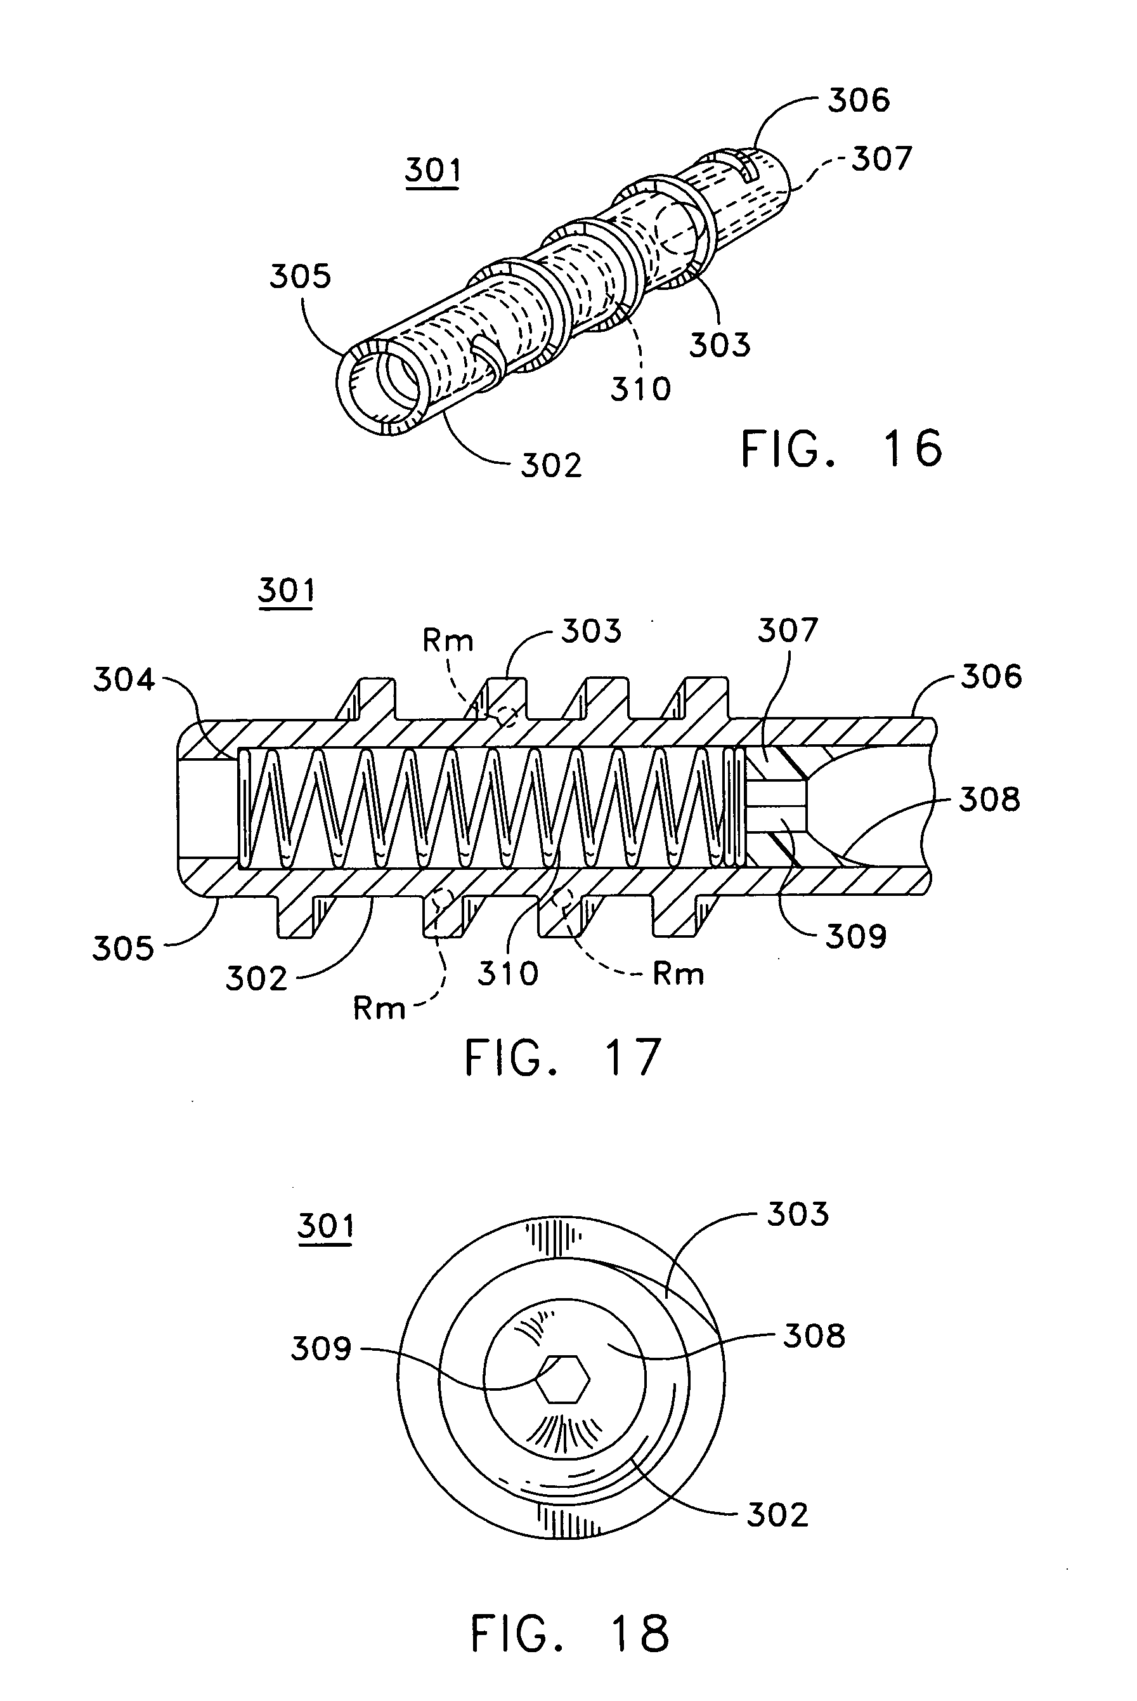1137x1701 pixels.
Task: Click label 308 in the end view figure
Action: coord(814,1336)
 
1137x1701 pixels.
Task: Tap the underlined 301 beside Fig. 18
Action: coord(325,1225)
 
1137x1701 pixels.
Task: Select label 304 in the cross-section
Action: coord(124,680)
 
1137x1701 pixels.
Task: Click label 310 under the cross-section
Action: coord(507,973)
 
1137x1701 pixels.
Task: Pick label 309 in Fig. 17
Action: coord(855,936)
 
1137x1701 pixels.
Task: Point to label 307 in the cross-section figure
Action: coord(788,631)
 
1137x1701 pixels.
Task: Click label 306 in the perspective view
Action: coord(859,100)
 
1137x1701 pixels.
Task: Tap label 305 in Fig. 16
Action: coord(300,277)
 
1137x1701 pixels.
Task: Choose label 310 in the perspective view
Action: coord(640,390)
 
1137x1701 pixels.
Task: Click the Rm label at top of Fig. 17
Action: coord(448,641)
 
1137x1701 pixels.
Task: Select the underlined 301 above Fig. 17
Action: coord(287,591)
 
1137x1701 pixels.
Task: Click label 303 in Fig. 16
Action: coord(719,345)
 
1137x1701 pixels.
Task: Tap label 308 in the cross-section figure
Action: coord(989,799)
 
